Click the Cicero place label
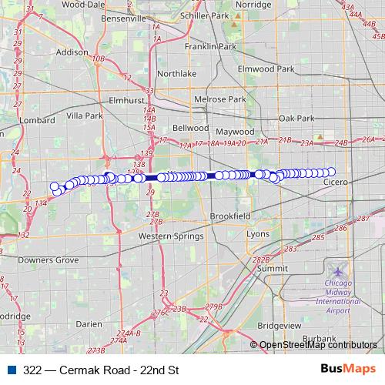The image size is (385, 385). click(x=336, y=182)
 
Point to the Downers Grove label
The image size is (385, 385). click(x=49, y=260)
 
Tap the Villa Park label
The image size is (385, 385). click(x=85, y=115)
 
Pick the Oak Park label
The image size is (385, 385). click(x=297, y=119)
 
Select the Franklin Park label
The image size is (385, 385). click(x=210, y=47)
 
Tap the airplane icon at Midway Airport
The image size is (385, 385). click(x=338, y=272)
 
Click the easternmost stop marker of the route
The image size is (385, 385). click(x=331, y=172)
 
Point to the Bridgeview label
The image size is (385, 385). click(x=280, y=326)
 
